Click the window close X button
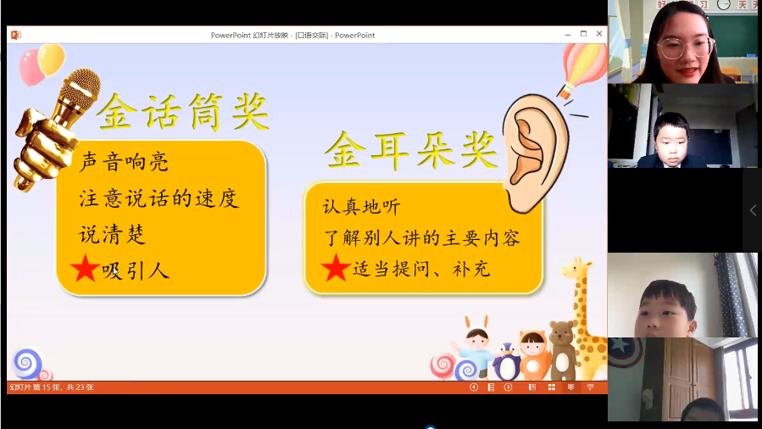click(x=599, y=34)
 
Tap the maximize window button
click(x=583, y=34)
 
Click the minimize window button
click(x=568, y=35)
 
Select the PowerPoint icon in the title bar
click(x=16, y=35)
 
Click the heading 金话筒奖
click(x=183, y=112)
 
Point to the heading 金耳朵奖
click(x=412, y=151)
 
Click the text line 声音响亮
click(x=124, y=162)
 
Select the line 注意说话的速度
click(x=159, y=198)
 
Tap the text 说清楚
click(x=112, y=235)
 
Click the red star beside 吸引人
click(x=85, y=268)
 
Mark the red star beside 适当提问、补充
click(x=336, y=267)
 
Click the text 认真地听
click(x=361, y=207)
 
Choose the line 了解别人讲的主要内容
click(x=421, y=238)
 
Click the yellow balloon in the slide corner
click(x=51, y=59)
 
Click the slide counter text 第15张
click(x=47, y=387)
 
